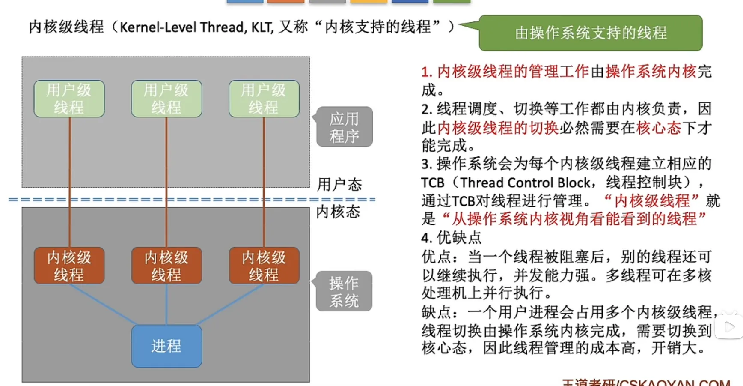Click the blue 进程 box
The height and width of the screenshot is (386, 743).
point(166,346)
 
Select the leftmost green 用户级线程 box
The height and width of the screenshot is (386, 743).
point(69,99)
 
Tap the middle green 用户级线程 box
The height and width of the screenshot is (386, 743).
point(166,99)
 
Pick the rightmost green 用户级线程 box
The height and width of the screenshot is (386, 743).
point(264,99)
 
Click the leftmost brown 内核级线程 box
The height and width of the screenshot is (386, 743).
point(69,266)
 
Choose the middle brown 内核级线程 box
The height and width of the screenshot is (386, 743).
point(166,266)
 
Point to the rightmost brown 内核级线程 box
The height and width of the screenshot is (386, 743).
point(264,266)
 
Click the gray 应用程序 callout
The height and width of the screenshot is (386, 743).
point(344,127)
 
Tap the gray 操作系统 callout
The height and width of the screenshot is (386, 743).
point(344,291)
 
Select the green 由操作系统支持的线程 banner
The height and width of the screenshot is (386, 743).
point(591,33)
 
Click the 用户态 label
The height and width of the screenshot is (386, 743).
point(339,185)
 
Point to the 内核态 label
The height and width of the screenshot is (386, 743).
point(338,212)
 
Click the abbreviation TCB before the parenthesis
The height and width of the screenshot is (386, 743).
point(433,183)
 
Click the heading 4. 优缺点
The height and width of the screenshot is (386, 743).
point(451,237)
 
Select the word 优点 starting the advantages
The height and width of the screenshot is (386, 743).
point(436,257)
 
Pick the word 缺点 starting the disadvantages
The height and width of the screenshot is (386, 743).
point(436,312)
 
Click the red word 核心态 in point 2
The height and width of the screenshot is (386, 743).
point(659,128)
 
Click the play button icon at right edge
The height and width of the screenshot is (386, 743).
point(729,327)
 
